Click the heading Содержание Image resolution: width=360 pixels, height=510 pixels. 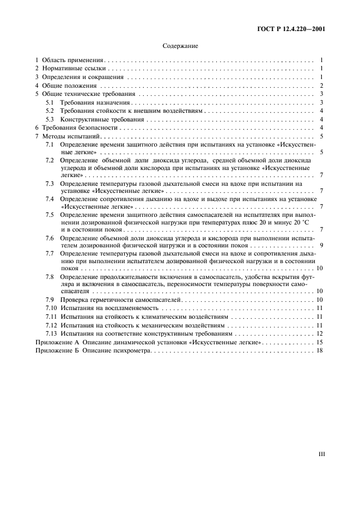(180, 46)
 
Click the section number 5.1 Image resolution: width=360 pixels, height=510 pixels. (50, 102)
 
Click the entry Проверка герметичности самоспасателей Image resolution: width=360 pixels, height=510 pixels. (120, 300)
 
